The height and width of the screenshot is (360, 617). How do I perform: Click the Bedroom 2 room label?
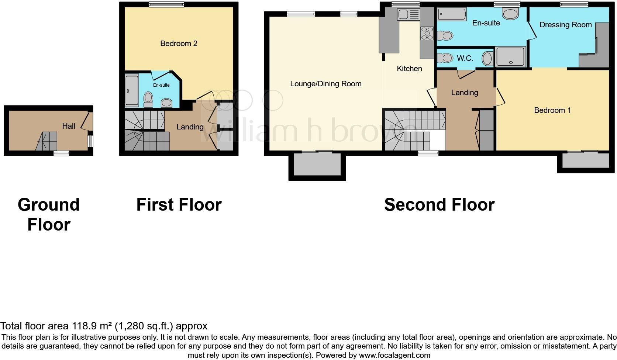coord(179,44)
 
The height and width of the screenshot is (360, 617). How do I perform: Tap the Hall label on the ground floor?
coord(69,126)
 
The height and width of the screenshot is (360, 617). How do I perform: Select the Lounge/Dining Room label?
coord(325,84)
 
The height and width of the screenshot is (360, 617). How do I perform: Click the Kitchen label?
coord(409,69)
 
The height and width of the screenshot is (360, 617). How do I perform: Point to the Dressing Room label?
coord(565,25)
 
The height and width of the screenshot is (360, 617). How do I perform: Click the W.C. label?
coord(465,58)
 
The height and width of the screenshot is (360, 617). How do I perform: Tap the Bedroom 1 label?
coord(552,110)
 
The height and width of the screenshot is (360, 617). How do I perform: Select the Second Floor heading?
coord(439,205)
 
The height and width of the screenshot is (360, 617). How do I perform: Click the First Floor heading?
coord(179,205)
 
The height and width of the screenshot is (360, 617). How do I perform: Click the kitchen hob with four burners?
coord(427,33)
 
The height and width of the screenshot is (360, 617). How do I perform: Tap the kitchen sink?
coord(409,15)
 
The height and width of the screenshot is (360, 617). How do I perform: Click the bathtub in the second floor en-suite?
coord(452,15)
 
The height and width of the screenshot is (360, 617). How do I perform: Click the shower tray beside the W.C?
coord(511,57)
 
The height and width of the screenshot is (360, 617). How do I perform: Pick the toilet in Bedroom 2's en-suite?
coord(148,99)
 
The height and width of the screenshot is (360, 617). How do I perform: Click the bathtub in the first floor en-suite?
coord(131,90)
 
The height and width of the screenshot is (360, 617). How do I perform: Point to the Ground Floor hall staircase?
coord(47,141)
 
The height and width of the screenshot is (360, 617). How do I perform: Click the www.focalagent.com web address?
coord(394,356)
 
